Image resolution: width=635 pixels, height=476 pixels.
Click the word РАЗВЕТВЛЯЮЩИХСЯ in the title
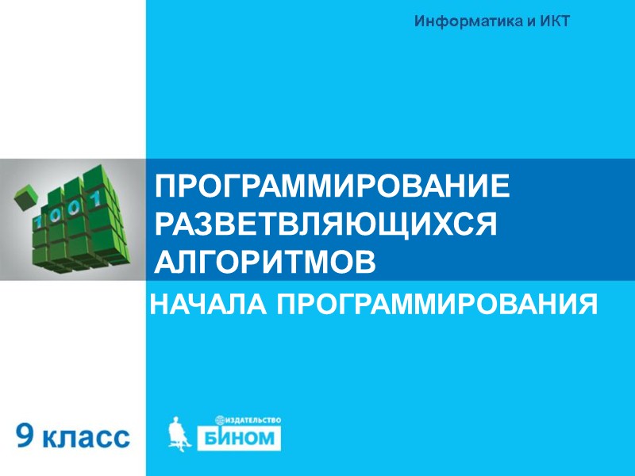[325, 224]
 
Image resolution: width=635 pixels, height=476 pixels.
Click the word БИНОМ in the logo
[248, 439]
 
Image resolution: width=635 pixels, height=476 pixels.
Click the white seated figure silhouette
[181, 432]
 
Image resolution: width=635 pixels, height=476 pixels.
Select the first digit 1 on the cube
[37, 220]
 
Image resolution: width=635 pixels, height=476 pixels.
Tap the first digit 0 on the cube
[58, 212]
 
